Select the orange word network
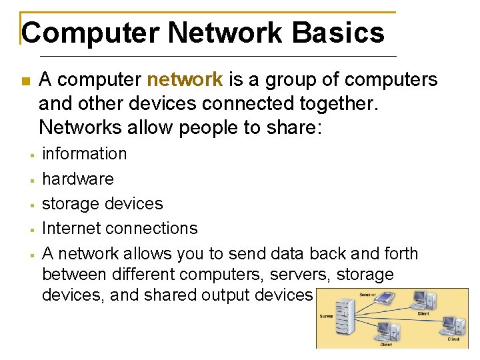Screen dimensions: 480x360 coord(185,80)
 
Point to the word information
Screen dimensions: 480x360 coord(84,153)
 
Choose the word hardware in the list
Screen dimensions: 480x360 coord(78,179)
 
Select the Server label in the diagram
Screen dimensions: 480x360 coord(327,316)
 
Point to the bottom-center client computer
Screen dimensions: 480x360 coord(386,330)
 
